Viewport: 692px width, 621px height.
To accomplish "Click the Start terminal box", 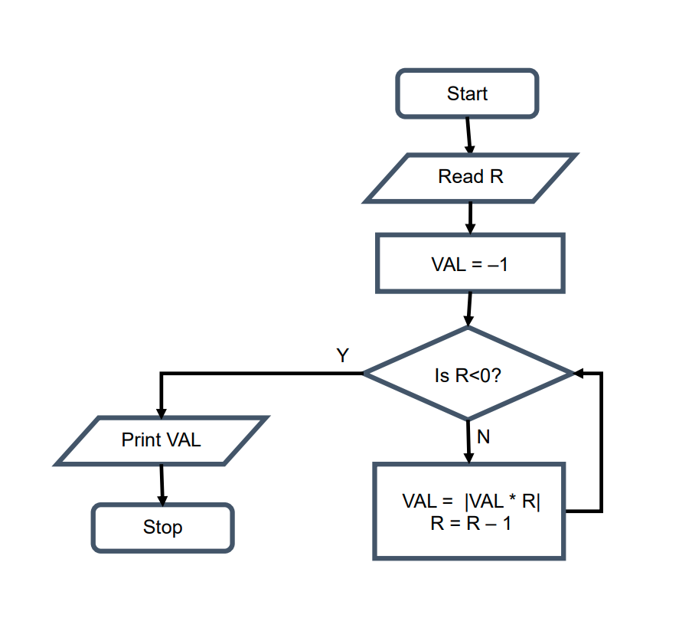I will tap(467, 94).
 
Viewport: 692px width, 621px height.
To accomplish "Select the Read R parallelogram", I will tap(470, 178).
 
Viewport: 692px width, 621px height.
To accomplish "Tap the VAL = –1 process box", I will tap(470, 264).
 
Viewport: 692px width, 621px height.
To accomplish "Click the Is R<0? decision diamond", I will tap(468, 374).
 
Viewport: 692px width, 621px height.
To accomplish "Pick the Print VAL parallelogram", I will tap(162, 440).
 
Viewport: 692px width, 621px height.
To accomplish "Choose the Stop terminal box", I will tap(162, 528).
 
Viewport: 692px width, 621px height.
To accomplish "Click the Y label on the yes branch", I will tap(342, 355).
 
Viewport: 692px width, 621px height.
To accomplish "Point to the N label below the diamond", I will tap(483, 437).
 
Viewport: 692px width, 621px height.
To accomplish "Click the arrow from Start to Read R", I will tap(468, 136).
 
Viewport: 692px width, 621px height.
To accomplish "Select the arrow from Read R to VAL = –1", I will tap(470, 217).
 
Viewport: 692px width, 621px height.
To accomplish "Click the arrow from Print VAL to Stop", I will tap(162, 484).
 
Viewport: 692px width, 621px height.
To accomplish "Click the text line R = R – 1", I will tap(471, 525).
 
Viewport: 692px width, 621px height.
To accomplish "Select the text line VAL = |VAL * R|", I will tap(471, 502).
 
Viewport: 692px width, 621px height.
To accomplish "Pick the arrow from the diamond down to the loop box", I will tap(468, 442).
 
